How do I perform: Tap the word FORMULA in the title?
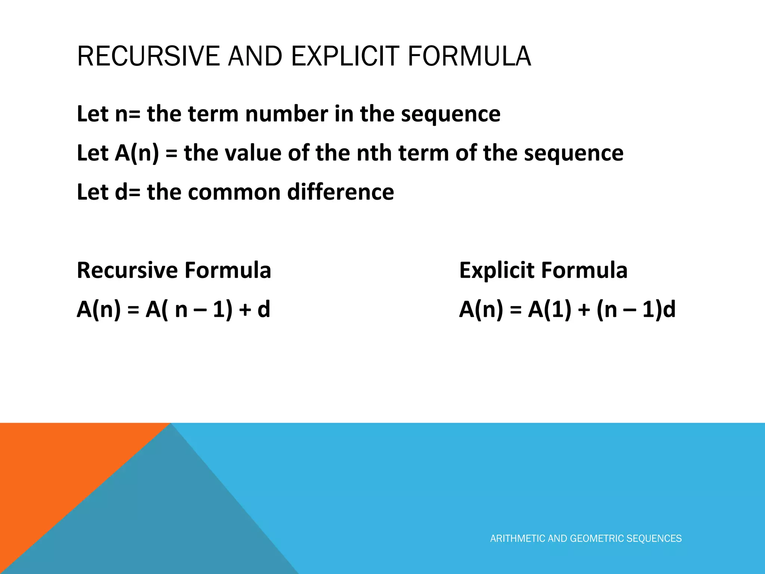click(469, 56)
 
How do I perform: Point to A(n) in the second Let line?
click(137, 153)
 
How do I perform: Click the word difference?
click(340, 192)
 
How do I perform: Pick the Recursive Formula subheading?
click(174, 270)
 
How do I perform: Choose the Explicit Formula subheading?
click(543, 270)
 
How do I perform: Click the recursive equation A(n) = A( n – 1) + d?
click(173, 309)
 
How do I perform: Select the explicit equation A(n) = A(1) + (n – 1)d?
click(567, 309)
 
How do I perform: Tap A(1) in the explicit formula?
click(549, 309)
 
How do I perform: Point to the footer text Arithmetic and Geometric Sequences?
click(586, 538)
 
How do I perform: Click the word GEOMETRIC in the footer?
click(597, 538)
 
